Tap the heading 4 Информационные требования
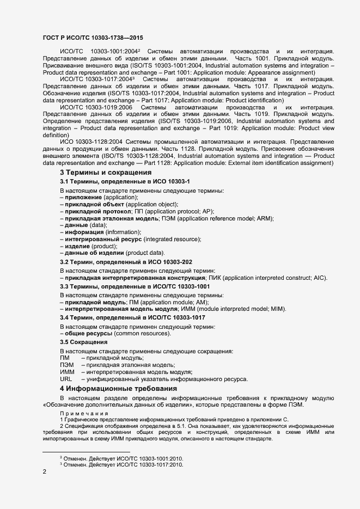click(x=118, y=388)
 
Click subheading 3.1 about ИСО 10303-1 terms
click(x=124, y=181)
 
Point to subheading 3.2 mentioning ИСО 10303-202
click(x=126, y=262)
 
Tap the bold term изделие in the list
click(x=77, y=246)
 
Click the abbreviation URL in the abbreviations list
click(x=66, y=379)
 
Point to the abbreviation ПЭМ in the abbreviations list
click(x=67, y=365)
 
